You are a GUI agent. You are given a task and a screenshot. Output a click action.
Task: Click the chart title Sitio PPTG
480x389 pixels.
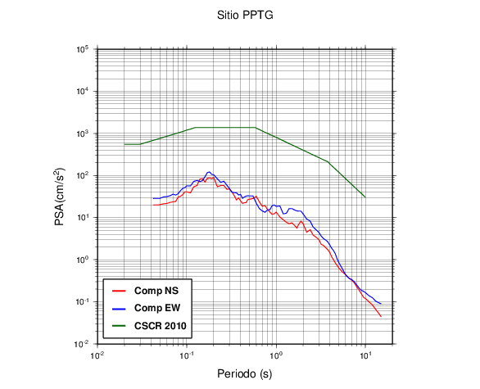245,15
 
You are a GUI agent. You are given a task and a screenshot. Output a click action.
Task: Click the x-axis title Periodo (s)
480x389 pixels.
245,373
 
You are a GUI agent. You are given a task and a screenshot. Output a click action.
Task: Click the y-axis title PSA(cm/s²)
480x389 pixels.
60,197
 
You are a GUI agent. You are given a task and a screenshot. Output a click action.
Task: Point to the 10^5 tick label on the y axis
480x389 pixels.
83,49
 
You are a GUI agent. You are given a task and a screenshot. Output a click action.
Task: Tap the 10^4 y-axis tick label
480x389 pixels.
83,91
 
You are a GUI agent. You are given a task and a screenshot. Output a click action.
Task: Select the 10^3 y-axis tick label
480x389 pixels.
83,133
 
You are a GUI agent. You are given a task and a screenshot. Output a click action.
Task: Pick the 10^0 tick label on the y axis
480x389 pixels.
83,260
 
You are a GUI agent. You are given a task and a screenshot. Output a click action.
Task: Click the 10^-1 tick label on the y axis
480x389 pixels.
82,301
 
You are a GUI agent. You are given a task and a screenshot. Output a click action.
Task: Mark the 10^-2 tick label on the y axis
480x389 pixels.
82,344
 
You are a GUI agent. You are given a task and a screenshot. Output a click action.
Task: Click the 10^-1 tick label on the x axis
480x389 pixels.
187,355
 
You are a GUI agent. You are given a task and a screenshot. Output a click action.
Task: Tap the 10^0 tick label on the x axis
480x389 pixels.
276,355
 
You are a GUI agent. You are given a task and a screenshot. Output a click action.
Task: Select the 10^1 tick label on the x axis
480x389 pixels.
365,355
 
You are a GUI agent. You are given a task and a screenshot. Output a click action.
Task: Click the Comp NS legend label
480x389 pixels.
156,291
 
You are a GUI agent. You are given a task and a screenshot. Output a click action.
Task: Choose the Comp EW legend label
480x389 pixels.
157,308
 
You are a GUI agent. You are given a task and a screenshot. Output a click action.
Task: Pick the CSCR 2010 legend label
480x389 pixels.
160,326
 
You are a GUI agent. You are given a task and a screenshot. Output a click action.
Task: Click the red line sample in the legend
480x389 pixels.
119,291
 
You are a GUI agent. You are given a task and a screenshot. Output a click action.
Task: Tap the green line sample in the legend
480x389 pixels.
119,326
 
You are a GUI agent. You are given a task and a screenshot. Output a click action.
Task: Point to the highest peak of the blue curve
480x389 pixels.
209,172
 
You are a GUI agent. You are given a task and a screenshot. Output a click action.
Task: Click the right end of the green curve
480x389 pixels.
365,197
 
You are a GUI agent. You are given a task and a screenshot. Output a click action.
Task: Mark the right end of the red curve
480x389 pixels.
381,316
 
